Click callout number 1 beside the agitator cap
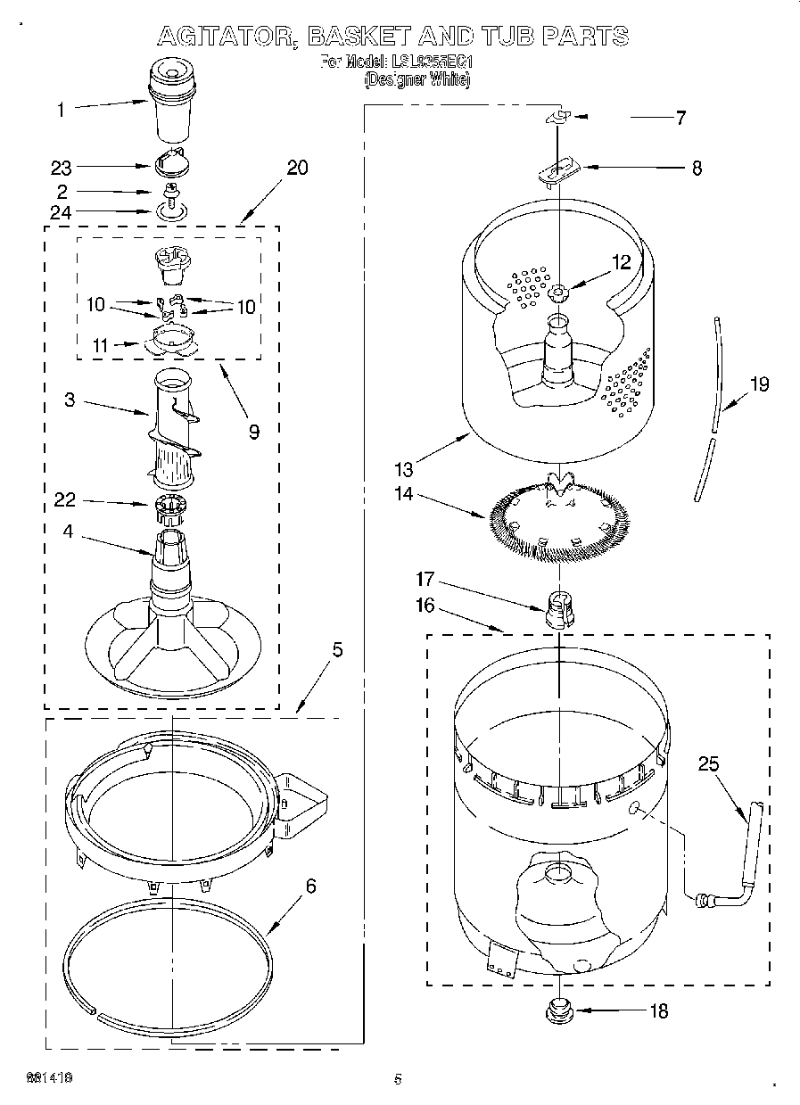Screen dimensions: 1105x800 click(x=61, y=111)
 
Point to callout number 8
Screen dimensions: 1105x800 click(x=696, y=167)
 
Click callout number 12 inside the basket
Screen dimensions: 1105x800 click(x=621, y=262)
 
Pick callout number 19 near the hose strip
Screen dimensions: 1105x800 click(x=758, y=384)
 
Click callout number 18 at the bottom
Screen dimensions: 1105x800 click(x=659, y=1011)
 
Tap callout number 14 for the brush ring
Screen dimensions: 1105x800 click(x=404, y=494)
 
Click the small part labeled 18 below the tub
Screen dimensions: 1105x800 click(x=559, y=1010)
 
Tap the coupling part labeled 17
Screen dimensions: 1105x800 click(x=557, y=611)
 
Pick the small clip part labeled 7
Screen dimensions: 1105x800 click(x=558, y=117)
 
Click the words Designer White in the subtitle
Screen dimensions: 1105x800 click(x=416, y=79)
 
